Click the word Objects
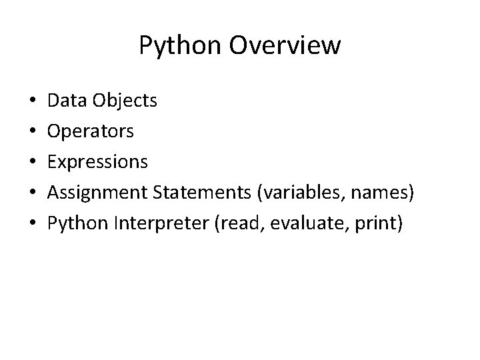coord(125,101)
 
